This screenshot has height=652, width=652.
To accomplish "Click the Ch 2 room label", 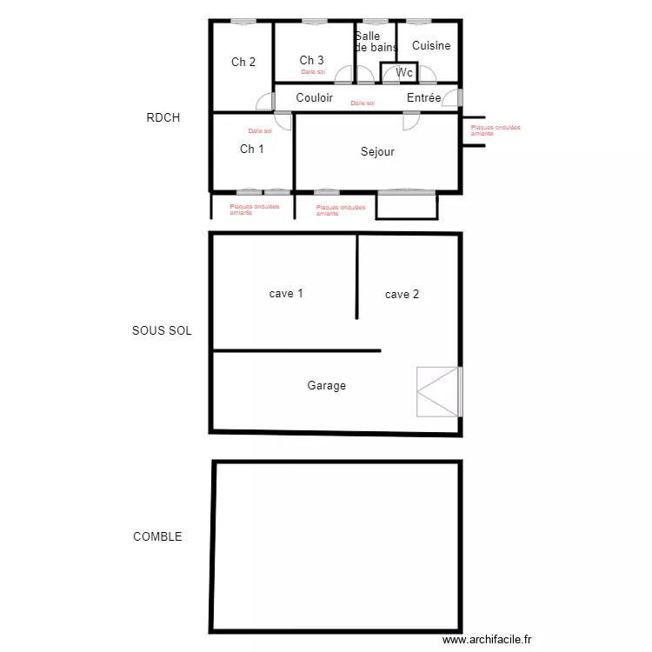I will [243, 62].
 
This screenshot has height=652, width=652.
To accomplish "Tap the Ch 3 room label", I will [312, 60].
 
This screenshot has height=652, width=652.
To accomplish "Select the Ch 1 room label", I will [252, 149].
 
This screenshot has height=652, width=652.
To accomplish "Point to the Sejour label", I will [377, 152].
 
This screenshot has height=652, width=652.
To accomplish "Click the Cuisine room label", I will [431, 45].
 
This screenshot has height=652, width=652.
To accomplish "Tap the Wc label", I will [404, 73].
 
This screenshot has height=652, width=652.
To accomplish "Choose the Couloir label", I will [314, 98].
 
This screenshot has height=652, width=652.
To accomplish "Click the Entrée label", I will [423, 98].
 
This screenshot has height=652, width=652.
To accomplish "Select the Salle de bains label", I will [375, 42].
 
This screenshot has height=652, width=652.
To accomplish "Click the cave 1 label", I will [286, 294].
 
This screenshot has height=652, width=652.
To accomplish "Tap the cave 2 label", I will [402, 295].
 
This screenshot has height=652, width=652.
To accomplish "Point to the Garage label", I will [326, 385].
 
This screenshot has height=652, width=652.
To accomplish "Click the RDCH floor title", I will [163, 117].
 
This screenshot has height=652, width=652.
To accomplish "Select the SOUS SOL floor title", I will [162, 331].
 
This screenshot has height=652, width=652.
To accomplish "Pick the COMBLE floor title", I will [157, 536].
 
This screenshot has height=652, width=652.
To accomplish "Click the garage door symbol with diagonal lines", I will [438, 392].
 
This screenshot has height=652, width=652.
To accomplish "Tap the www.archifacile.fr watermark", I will [486, 639].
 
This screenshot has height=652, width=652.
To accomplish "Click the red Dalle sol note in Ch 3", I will [313, 72].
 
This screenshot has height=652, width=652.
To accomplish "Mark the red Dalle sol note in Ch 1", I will [260, 130].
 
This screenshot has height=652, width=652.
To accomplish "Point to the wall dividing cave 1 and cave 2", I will [356, 276].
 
